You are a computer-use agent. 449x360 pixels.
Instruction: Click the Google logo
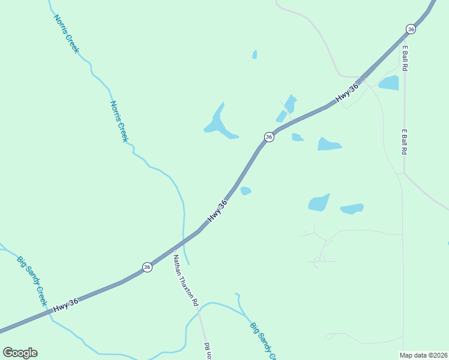(20, 353)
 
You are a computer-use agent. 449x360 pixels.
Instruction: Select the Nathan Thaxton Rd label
(185, 281)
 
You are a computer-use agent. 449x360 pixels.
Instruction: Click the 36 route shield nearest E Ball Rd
(411, 29)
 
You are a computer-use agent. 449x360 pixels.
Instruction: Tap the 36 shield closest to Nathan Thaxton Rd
(147, 267)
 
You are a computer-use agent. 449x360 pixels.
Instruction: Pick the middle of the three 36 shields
(269, 137)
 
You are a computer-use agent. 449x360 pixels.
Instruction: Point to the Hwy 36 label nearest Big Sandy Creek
(65, 305)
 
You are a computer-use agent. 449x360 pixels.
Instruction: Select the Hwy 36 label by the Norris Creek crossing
(217, 212)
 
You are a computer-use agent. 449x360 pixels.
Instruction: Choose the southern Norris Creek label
(119, 121)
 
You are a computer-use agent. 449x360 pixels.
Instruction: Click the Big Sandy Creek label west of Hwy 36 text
(32, 281)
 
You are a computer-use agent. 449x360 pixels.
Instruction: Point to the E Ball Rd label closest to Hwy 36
(405, 58)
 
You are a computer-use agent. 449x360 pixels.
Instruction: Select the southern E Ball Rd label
(405, 142)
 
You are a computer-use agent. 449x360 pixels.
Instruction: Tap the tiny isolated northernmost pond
(255, 55)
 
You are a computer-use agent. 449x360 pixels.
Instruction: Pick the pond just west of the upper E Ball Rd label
(389, 83)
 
